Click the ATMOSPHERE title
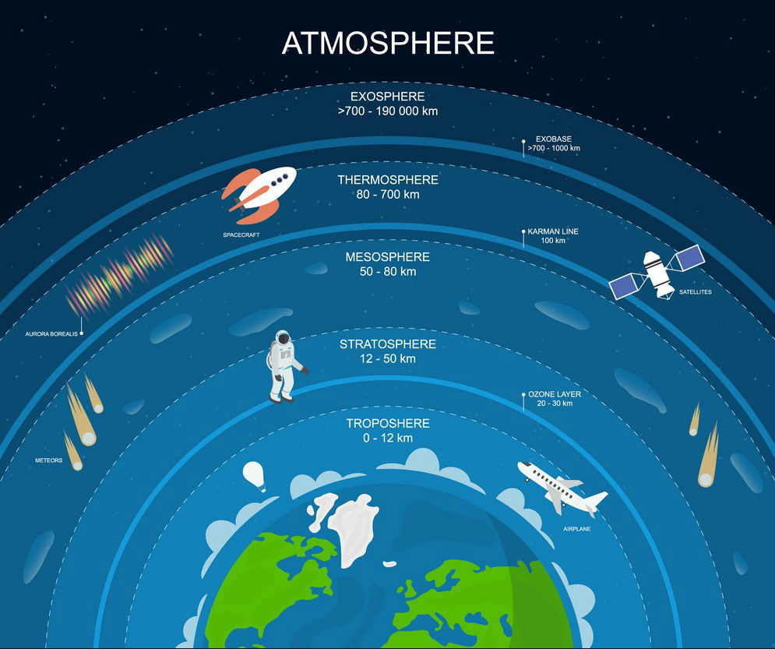(388, 43)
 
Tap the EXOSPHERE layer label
(388, 97)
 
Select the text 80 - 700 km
(388, 194)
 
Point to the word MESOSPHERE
(388, 257)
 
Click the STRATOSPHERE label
(388, 344)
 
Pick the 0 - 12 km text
(388, 438)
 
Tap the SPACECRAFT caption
(241, 235)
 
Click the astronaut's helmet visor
(284, 339)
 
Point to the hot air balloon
(254, 476)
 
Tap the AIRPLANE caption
(577, 529)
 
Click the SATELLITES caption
(696, 292)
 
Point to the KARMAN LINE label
(552, 231)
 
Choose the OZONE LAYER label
(555, 394)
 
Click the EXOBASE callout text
(554, 144)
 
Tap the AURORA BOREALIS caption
(51, 334)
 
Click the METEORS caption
(49, 460)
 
